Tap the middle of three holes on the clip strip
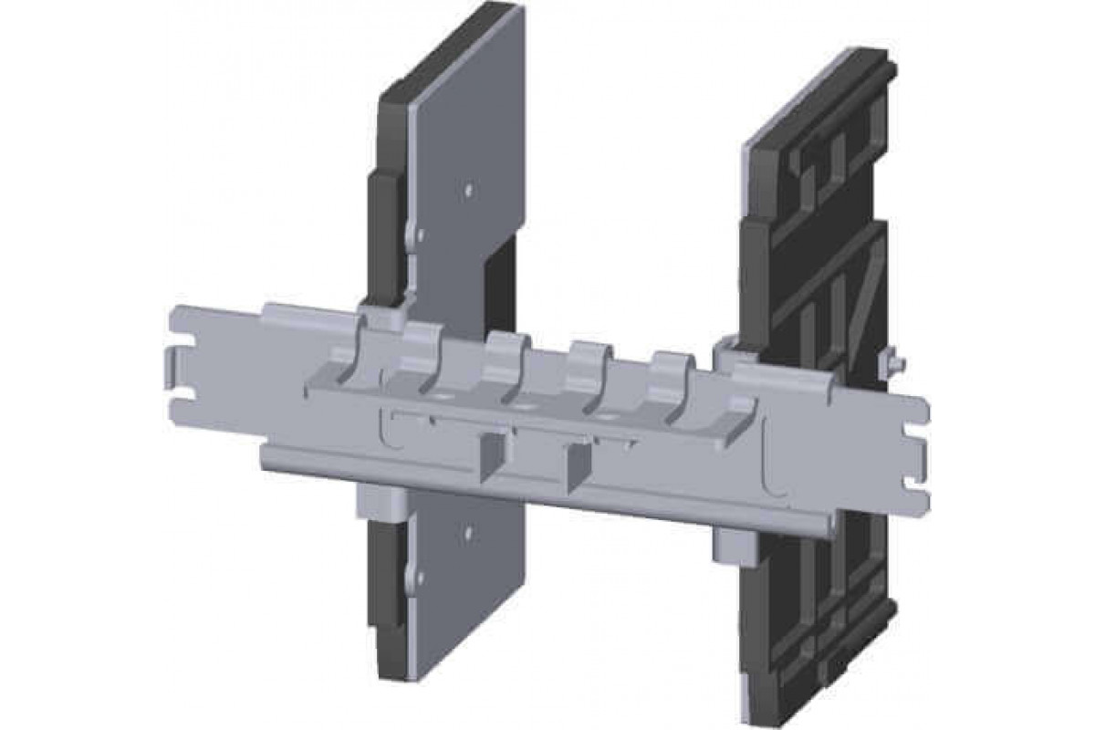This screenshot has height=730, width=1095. [x=524, y=401]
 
